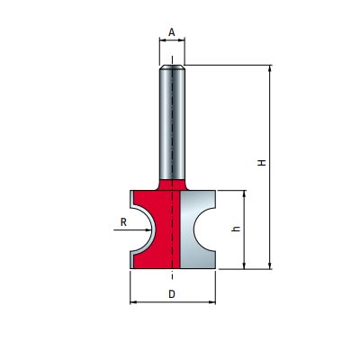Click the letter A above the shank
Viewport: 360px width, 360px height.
coord(172,31)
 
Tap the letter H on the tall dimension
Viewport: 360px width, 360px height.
coord(263,163)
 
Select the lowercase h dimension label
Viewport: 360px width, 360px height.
coord(237,229)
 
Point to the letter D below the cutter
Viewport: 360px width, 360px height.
coord(172,294)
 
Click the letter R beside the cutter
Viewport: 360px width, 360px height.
coord(123,222)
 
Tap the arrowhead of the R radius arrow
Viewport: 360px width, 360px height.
coord(148,230)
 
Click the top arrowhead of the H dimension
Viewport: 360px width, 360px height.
coord(270,68)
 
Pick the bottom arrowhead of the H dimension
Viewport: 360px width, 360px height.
coord(270,265)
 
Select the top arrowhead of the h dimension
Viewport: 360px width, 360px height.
coord(244,193)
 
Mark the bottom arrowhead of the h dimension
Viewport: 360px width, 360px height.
coord(244,265)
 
